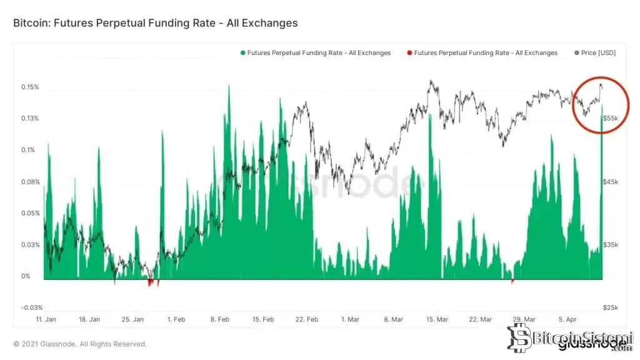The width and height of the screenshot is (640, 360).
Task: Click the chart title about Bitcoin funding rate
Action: point(155,23)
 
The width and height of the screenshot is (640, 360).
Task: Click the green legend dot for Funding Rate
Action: point(242,53)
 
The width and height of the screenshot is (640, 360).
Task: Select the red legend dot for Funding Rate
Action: point(409,53)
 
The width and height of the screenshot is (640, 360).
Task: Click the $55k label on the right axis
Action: point(610,118)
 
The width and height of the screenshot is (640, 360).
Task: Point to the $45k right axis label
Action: point(610,182)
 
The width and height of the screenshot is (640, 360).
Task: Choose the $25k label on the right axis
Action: point(610,307)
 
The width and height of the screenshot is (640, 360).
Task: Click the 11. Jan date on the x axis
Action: point(47,319)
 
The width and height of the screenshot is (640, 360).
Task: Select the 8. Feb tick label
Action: point(221,319)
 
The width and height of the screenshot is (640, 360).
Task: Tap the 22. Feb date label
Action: point(307,319)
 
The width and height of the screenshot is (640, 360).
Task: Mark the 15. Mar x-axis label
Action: point(437,319)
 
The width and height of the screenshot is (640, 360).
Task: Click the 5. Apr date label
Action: point(567,319)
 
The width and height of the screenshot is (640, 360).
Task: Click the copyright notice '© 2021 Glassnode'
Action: point(80,344)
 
